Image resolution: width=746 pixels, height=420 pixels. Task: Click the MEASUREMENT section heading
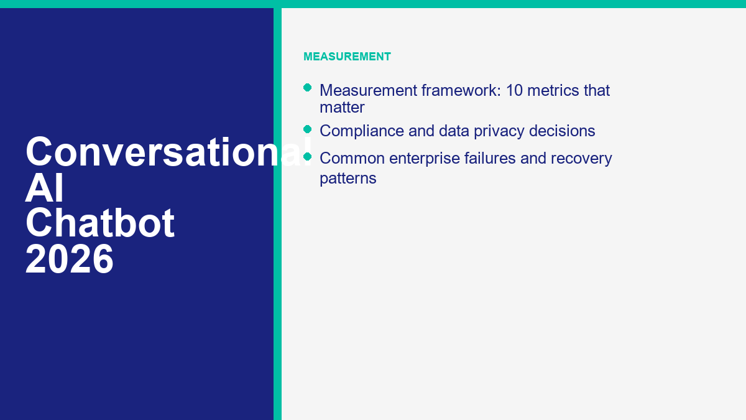click(x=347, y=57)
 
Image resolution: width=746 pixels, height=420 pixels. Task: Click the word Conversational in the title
click(x=169, y=151)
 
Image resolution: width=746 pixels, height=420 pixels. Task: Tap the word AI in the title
click(x=44, y=188)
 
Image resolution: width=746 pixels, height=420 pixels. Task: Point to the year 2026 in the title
click(x=70, y=259)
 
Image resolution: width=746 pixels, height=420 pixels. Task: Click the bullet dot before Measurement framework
click(x=307, y=88)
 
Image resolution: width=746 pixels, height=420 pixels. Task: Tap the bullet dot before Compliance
click(x=307, y=129)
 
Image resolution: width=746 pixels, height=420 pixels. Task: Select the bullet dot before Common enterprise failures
click(x=307, y=156)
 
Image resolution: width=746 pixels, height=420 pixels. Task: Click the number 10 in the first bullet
click(x=514, y=90)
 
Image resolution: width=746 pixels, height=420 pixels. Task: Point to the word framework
click(x=461, y=90)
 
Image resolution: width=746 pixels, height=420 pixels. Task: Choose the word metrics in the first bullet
click(x=553, y=90)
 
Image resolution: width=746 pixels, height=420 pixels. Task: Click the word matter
click(x=342, y=108)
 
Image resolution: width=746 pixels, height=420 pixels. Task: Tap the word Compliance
click(x=362, y=131)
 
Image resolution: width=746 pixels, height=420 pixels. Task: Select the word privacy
click(x=499, y=131)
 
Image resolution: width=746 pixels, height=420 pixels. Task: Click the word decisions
click(x=562, y=131)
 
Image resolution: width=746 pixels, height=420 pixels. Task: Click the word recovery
click(x=581, y=159)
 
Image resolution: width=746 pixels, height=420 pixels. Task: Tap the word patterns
click(x=348, y=179)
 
